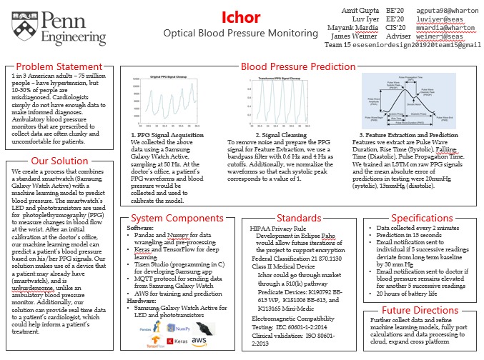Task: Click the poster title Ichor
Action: pyautogui.click(x=242, y=16)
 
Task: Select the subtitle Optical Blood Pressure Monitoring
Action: pyautogui.click(x=240, y=34)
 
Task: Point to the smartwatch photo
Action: pyautogui.click(x=204, y=328)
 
